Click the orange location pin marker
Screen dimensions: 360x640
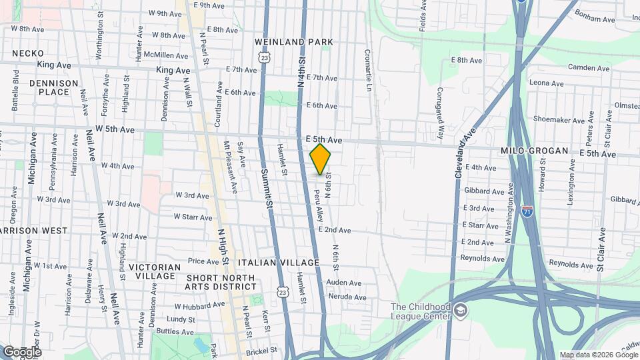[x=321, y=159]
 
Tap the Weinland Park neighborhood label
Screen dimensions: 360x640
[x=294, y=42]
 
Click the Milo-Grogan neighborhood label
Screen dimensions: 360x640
[x=534, y=151]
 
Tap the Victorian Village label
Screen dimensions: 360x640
[x=154, y=271]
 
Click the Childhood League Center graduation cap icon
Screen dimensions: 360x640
[x=461, y=310]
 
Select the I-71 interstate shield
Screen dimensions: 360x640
[x=527, y=211]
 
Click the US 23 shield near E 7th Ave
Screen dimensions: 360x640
[x=265, y=59]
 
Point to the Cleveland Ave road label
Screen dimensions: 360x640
[x=467, y=152]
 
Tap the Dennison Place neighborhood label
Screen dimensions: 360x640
[x=54, y=88]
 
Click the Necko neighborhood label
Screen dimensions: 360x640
[x=27, y=53]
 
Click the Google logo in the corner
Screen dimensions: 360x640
[x=21, y=351]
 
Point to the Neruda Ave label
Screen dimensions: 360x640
[x=346, y=297]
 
